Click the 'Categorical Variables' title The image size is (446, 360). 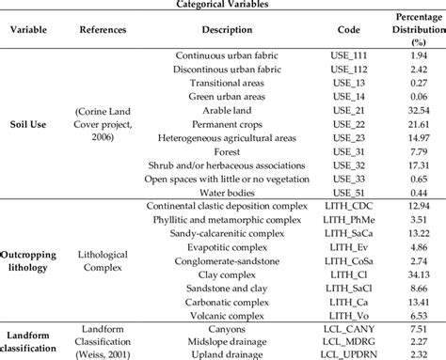tap(223, 5)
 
